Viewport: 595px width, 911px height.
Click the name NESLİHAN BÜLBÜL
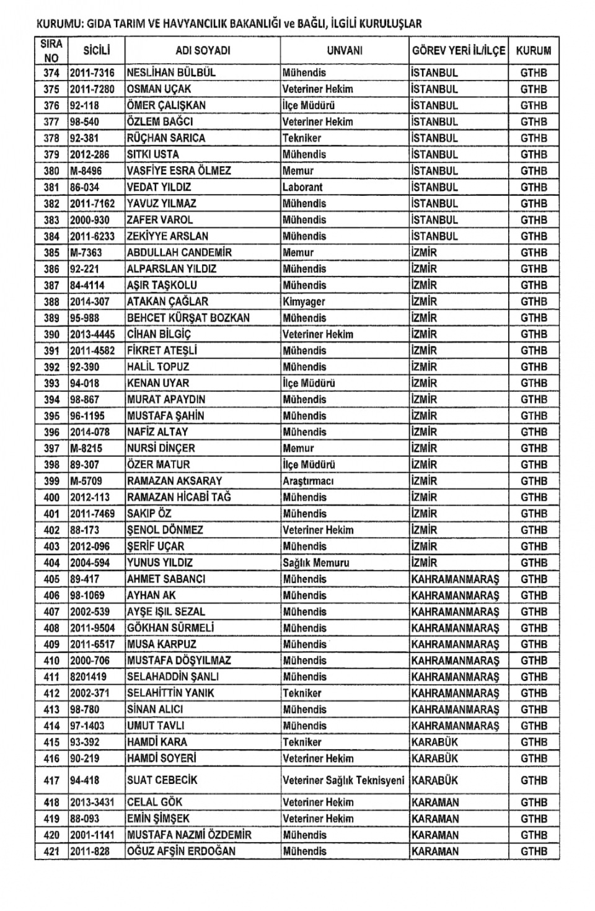171,73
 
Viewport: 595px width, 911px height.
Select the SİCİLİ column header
97,50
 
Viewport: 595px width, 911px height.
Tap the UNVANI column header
345,50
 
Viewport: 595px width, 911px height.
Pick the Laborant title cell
302,187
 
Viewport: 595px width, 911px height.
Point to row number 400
51,498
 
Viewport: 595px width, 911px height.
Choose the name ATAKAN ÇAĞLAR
167,302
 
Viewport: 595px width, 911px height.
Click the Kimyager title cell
304,302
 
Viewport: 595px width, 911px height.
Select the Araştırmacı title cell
309,481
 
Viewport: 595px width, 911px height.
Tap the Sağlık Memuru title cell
316,563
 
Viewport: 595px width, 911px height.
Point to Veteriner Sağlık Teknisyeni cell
343,780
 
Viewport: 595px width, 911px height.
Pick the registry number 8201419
88,677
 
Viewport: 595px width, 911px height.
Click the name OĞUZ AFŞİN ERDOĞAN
181,852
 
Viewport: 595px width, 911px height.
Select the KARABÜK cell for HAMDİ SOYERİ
434,759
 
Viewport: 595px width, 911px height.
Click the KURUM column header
533,50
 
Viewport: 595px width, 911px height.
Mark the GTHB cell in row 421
534,852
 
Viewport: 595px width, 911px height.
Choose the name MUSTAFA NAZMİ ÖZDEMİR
189,835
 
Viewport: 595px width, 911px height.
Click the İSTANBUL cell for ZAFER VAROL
434,220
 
